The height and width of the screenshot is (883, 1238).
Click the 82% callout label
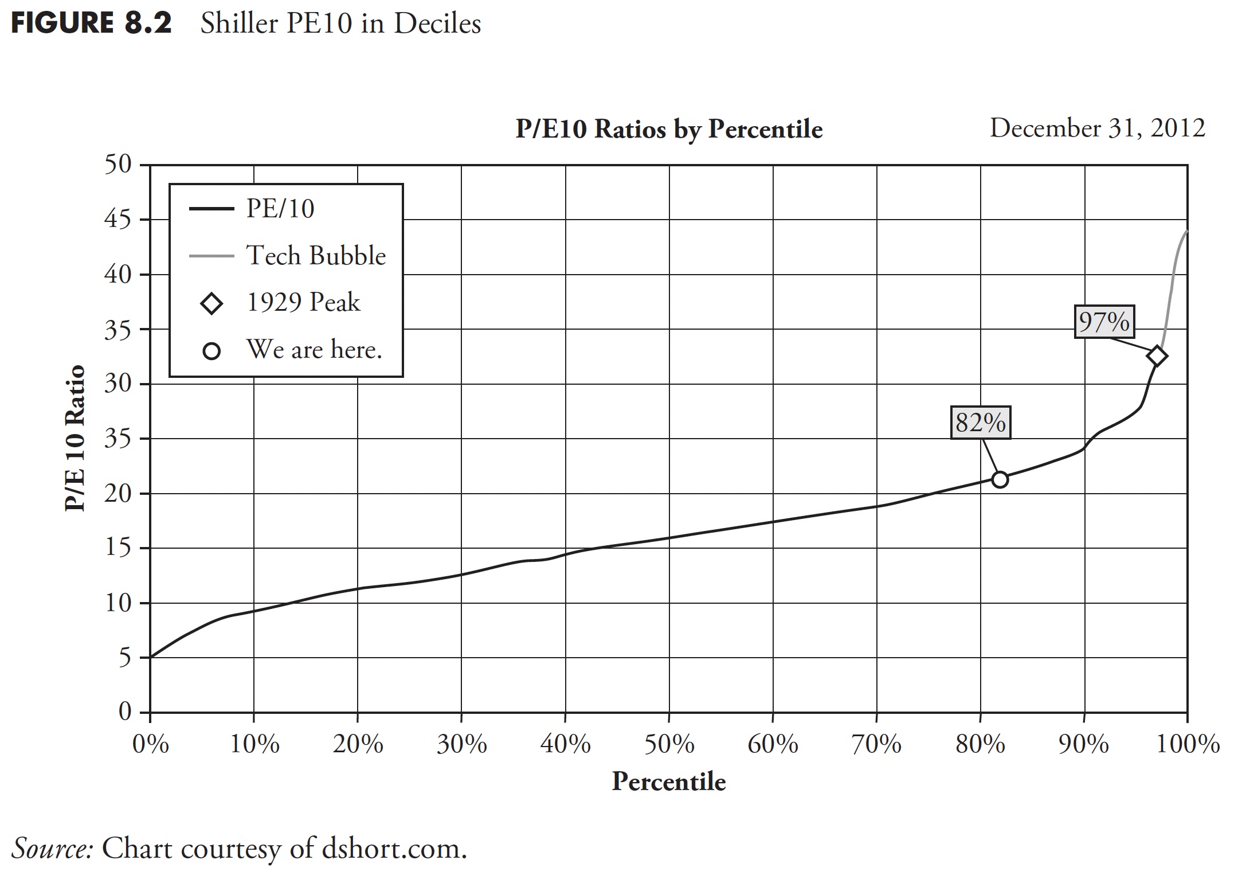981,423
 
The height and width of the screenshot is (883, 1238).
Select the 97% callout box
1104,322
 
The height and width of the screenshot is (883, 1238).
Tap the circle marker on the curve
1000,479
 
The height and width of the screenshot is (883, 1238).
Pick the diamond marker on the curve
1157,356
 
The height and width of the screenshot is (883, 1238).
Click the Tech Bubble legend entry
316,256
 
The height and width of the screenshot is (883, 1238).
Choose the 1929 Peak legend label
303,302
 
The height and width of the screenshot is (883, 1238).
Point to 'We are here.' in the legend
314,349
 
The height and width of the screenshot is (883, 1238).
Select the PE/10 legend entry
280,209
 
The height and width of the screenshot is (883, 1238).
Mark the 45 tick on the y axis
118,220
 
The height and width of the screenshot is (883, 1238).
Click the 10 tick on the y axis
118,603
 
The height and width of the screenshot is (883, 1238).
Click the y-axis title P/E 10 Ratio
75,438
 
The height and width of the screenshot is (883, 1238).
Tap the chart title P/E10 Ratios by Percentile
669,129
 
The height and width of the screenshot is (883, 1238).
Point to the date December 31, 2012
1097,128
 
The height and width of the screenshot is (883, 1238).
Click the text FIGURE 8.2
91,24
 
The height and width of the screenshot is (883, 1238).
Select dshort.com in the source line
394,849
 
